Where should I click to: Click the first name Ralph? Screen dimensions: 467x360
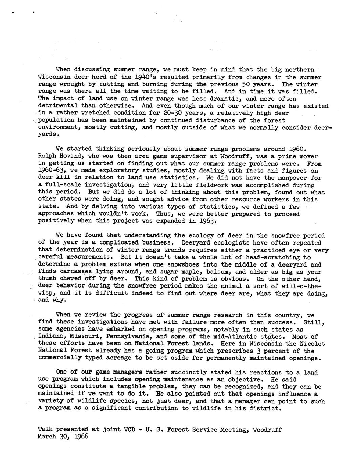[x=47, y=156]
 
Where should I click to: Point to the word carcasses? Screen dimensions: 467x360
[x=76, y=272]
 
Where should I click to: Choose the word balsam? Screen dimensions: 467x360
[x=216, y=272]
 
